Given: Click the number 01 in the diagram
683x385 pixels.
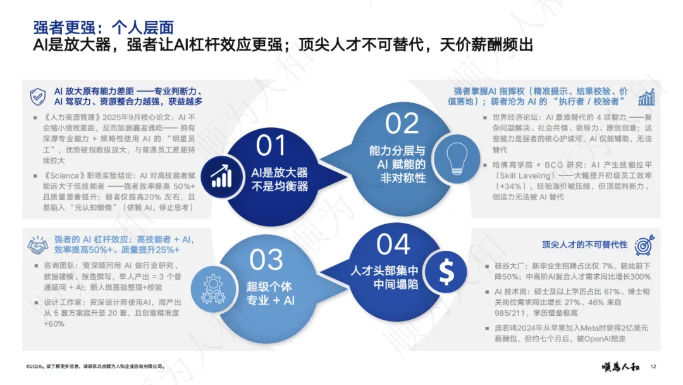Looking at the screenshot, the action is pyautogui.click(x=271, y=146).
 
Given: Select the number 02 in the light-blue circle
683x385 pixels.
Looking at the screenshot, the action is pyautogui.click(x=402, y=123).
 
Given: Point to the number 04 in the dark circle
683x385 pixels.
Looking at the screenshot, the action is pyautogui.click(x=393, y=245).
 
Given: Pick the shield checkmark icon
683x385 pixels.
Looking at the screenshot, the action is pyautogui.click(x=38, y=96).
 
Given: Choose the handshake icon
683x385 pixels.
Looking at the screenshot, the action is pyautogui.click(x=38, y=245).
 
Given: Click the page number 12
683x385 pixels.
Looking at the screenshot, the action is pyautogui.click(x=653, y=366).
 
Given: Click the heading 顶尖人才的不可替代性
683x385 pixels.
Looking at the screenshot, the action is pyautogui.click(x=584, y=244).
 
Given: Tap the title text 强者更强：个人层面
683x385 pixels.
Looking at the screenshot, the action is pyautogui.click(x=103, y=28).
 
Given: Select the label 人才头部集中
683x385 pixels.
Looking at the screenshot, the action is pyautogui.click(x=385, y=271).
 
